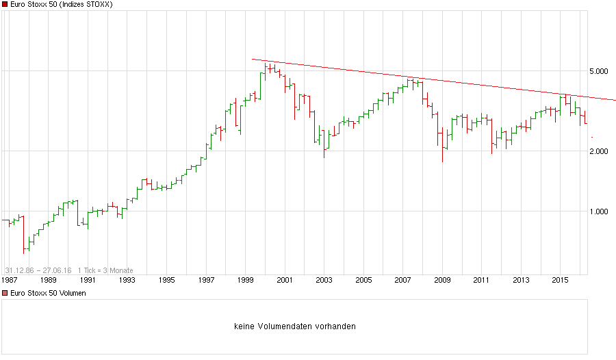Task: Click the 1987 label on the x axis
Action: click(x=9, y=280)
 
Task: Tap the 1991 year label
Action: click(x=88, y=280)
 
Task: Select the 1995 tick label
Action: click(x=166, y=280)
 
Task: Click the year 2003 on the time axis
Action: click(x=324, y=280)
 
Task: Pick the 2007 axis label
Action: click(x=402, y=280)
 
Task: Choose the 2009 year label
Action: click(x=442, y=280)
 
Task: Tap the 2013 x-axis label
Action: click(x=522, y=280)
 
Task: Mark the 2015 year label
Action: click(x=561, y=280)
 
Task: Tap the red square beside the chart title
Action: click(x=5, y=5)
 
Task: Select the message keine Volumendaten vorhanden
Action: click(x=294, y=326)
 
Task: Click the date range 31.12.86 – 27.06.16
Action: click(x=38, y=270)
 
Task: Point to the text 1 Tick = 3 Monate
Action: click(x=105, y=270)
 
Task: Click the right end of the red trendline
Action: click(x=615, y=101)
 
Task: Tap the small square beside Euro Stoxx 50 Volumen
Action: click(x=5, y=293)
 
